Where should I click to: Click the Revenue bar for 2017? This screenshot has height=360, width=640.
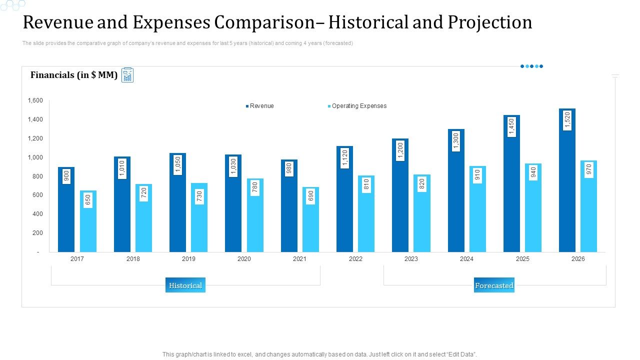coord(66,210)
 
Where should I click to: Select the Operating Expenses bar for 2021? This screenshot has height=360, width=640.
coord(310,220)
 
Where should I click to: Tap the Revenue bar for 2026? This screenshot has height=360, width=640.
coord(567,190)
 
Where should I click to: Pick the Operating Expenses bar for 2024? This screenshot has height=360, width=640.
coord(477,210)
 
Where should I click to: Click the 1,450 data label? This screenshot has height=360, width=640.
coord(511,127)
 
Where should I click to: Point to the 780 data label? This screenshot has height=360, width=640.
coord(255,187)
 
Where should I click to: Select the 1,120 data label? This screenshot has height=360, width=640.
coord(344,158)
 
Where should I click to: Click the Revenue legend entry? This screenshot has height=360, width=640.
coord(261,106)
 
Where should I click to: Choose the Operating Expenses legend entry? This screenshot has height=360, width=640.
coord(358,106)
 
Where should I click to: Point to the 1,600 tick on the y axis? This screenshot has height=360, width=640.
coord(35,100)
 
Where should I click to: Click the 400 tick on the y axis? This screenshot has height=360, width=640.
coord(38,214)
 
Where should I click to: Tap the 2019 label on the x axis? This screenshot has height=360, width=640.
coord(188,259)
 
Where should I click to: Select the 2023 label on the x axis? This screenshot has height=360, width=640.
coord(411,259)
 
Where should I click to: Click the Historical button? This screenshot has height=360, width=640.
coord(185,285)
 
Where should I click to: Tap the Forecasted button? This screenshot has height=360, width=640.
coord(494,285)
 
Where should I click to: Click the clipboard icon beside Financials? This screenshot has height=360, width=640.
coord(127,75)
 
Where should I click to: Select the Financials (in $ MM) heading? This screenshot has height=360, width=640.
coord(74,75)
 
